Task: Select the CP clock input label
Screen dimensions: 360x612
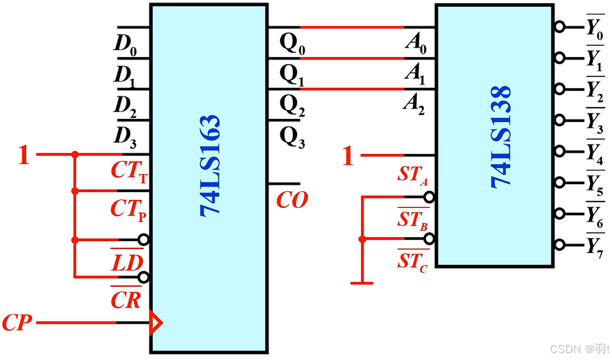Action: click(x=17, y=323)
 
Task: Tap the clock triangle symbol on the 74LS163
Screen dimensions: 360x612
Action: click(x=155, y=323)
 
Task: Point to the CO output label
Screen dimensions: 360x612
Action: click(x=292, y=200)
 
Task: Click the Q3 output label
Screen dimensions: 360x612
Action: click(x=292, y=138)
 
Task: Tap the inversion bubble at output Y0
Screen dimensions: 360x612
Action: click(x=559, y=27)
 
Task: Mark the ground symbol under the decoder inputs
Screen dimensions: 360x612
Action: click(x=362, y=283)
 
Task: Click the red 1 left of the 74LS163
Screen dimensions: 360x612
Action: click(x=23, y=155)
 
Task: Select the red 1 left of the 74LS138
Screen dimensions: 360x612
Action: click(x=348, y=156)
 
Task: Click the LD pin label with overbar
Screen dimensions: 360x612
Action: click(x=127, y=262)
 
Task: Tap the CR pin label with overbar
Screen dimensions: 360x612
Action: click(x=126, y=300)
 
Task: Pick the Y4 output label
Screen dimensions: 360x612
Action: click(x=594, y=152)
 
